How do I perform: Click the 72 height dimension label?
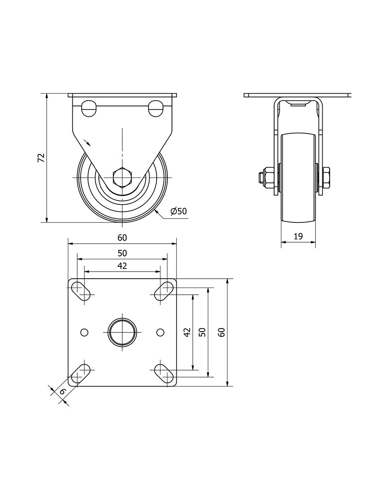click(x=41, y=158)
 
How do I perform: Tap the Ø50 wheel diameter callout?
click(x=178, y=211)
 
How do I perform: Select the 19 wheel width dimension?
click(x=298, y=236)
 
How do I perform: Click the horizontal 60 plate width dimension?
click(x=122, y=238)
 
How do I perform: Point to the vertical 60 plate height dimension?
click(x=222, y=332)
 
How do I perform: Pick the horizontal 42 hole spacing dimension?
click(x=122, y=266)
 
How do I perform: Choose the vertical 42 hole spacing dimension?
click(x=187, y=332)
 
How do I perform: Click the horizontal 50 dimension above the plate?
click(x=122, y=253)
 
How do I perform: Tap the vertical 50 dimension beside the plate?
click(x=202, y=332)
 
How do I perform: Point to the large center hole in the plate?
click(x=122, y=332)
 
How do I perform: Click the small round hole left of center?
click(x=84, y=332)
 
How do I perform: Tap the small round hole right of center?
click(x=160, y=332)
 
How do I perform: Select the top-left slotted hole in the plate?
click(x=81, y=291)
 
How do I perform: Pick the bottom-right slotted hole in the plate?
click(x=164, y=373)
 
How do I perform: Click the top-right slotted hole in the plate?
click(x=164, y=291)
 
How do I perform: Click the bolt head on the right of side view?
click(x=326, y=178)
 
